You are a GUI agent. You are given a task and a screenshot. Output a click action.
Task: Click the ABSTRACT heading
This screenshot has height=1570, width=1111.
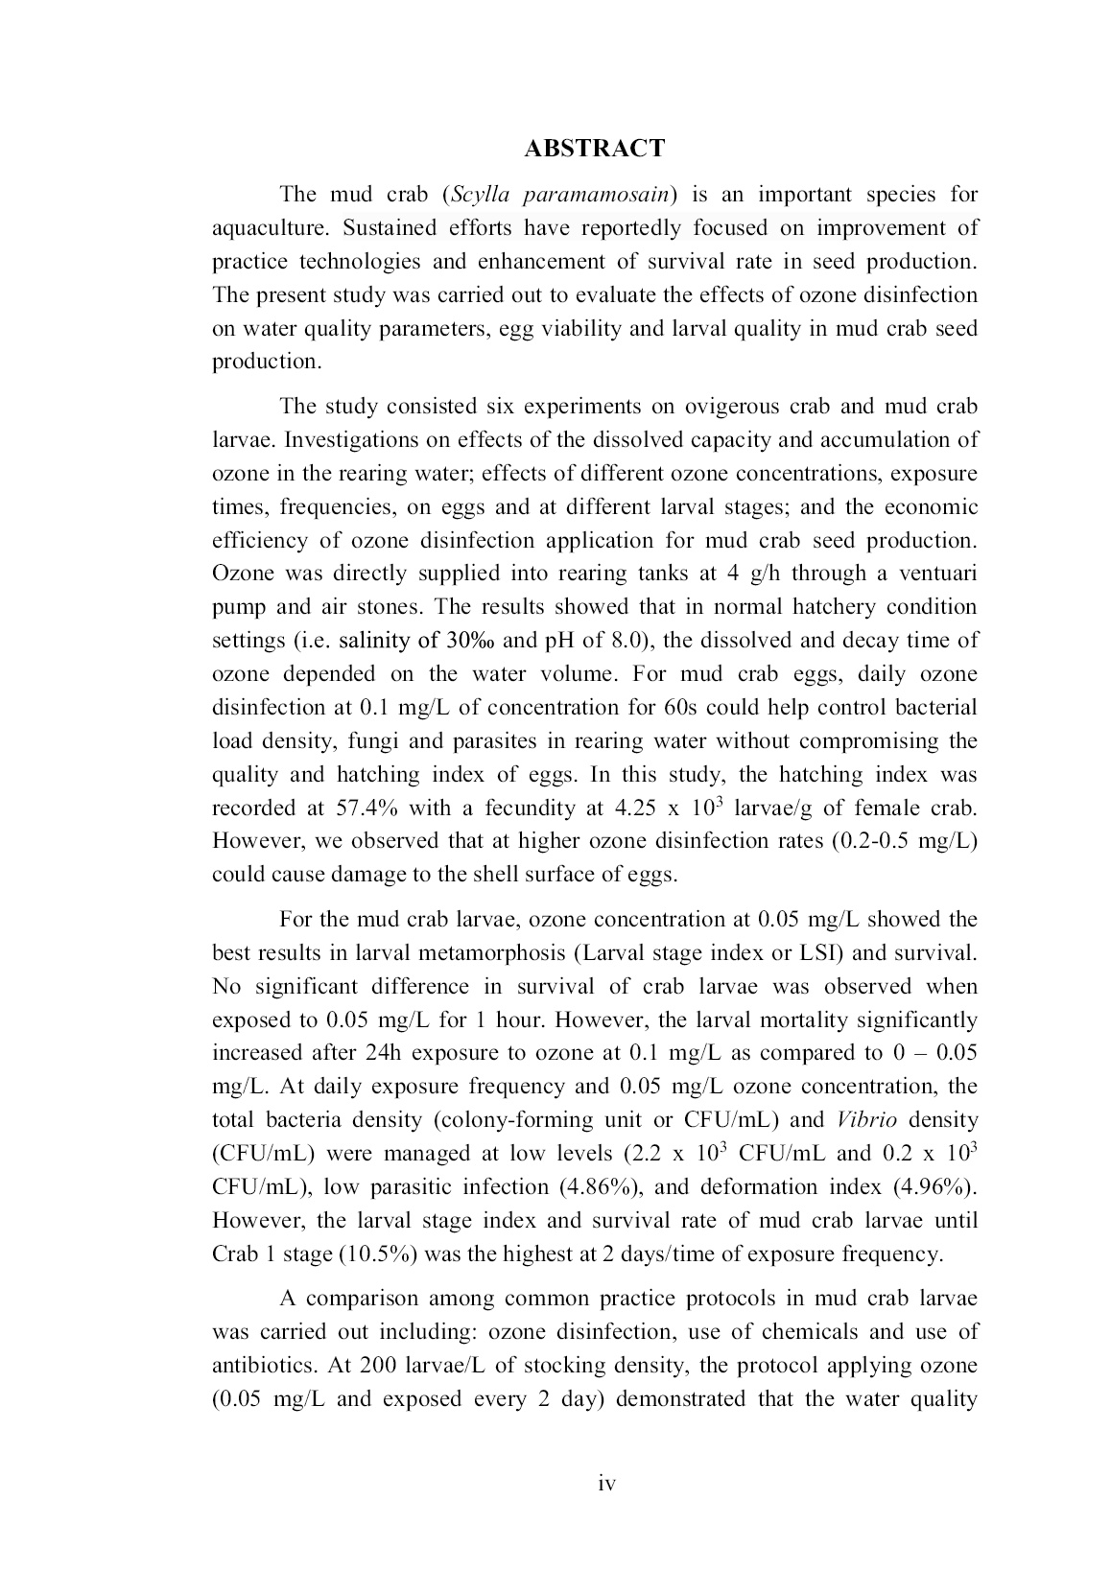595,149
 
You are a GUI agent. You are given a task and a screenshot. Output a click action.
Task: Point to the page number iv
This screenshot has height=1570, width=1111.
606,1484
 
